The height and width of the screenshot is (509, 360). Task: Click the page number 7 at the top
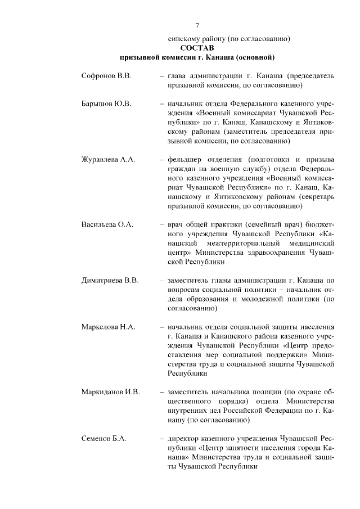point(197,26)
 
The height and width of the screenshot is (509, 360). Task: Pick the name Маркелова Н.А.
point(107,326)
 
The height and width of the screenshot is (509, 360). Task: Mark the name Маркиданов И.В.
point(110,391)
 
